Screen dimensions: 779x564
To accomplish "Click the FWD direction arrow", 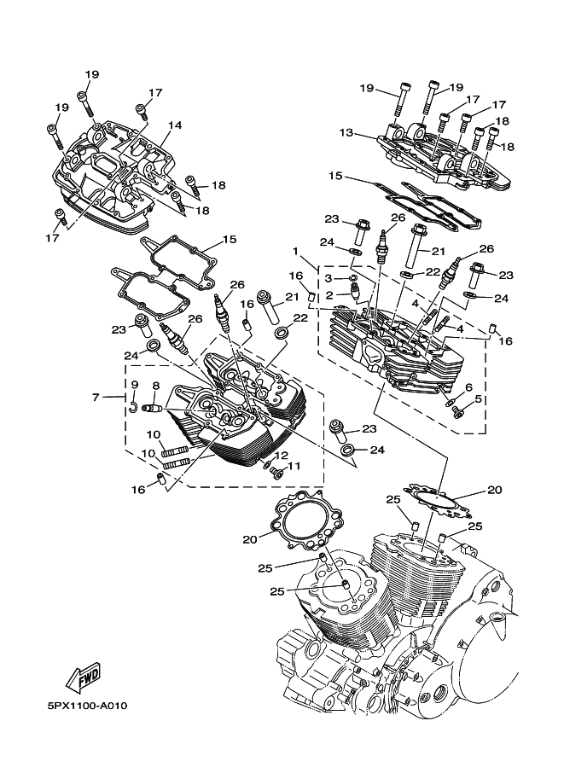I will pos(84,678).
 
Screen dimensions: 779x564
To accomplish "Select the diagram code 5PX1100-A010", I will pos(87,706).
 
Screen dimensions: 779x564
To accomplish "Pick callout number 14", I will pos(175,125).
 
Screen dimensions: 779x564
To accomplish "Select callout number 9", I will pos(134,386).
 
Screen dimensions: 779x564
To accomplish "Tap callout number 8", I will pos(156,386).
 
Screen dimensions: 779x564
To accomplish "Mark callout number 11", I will pos(294,466).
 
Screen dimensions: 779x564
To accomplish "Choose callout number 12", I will pos(281,456).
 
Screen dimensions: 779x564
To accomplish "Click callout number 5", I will pos(479,398).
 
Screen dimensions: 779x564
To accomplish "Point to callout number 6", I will pos(468,387).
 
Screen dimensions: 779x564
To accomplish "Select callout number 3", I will pos(328,278).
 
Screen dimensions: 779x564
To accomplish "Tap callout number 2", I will pos(328,295).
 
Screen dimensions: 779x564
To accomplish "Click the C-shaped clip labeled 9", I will pos(135,406).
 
